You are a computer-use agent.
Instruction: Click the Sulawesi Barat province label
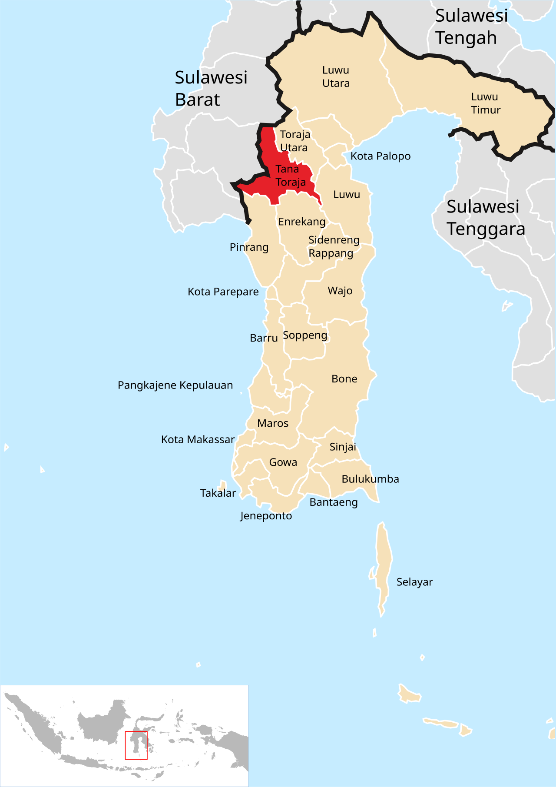pos(211,89)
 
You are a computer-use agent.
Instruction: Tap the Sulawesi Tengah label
pos(471,27)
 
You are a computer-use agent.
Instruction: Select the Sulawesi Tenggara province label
pos(486,218)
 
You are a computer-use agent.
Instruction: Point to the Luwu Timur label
pos(486,103)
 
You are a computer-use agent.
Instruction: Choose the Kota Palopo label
pos(381,156)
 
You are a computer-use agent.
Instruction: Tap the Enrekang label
pos(302,222)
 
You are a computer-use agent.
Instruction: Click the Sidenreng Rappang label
pos(334,246)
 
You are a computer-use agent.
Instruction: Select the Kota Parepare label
pos(223,292)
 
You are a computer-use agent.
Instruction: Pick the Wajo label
pos(340,291)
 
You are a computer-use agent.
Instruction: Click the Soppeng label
pos(305,335)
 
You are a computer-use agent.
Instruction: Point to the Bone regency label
pos(344,379)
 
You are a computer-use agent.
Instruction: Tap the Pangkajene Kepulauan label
pos(175,385)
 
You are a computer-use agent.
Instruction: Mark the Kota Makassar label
pos(198,440)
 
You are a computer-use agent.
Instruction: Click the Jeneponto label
pos(266,516)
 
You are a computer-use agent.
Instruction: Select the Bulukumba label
pos(370,479)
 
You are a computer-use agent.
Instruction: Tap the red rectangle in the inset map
pos(136,745)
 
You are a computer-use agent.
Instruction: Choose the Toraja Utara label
pos(295,141)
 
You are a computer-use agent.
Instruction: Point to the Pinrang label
pos(249,247)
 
